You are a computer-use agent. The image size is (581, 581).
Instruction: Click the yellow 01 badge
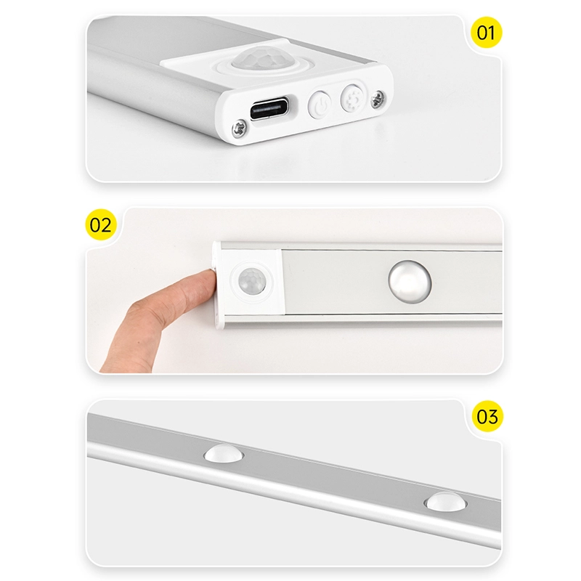[x=486, y=32]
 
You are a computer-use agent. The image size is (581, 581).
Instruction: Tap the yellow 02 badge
[x=100, y=224]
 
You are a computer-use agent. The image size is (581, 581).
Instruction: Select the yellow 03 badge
[x=487, y=416]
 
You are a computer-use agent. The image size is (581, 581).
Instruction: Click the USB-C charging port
[x=269, y=108]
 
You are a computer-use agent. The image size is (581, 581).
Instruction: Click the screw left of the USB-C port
[x=239, y=129]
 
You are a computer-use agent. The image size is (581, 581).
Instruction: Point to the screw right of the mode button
[x=378, y=99]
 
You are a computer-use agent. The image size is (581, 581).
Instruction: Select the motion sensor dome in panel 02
[x=252, y=281]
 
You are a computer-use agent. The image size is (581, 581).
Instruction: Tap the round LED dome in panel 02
[x=410, y=282]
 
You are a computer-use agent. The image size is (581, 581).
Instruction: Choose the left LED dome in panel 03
[x=223, y=453]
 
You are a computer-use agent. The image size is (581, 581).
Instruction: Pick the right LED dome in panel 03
[x=445, y=502]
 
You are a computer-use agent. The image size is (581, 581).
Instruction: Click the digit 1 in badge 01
[x=492, y=33]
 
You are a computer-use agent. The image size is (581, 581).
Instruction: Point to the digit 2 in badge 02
[x=105, y=225]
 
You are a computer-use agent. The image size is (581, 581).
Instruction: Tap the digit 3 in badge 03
[x=493, y=416]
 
